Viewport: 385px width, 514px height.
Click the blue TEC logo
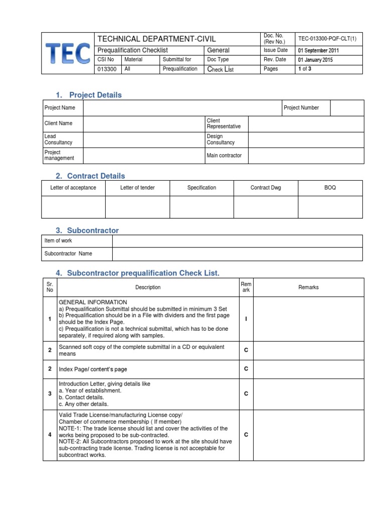68,54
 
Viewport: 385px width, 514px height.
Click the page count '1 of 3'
304,69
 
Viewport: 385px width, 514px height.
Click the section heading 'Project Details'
95,95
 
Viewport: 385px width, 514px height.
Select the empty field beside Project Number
347,107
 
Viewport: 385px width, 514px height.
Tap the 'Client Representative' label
224,123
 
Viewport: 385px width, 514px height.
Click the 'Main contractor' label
224,156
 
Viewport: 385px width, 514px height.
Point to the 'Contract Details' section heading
96,176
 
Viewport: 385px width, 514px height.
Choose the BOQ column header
330,188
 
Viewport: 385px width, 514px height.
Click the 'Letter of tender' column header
137,188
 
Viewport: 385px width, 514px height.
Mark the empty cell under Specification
202,206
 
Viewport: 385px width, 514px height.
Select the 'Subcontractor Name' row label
68,253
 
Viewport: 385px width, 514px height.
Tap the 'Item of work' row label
58,241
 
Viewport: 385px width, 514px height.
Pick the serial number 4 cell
50,435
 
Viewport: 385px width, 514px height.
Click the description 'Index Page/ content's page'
93,369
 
